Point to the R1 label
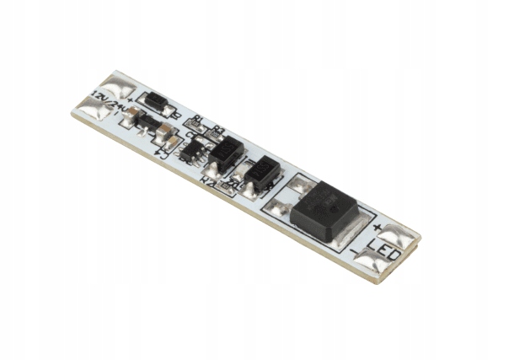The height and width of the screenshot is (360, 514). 198,121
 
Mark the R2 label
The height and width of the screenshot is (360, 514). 206,180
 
